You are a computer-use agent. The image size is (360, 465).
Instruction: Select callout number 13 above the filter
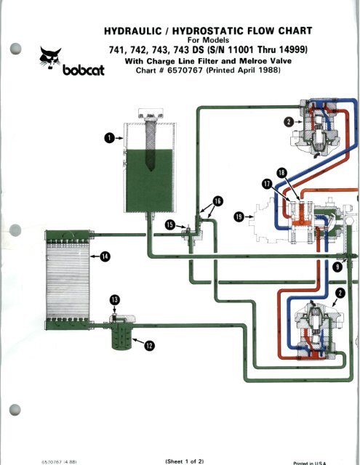pos(113,299)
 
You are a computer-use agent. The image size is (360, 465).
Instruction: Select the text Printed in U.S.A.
pos(336,461)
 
